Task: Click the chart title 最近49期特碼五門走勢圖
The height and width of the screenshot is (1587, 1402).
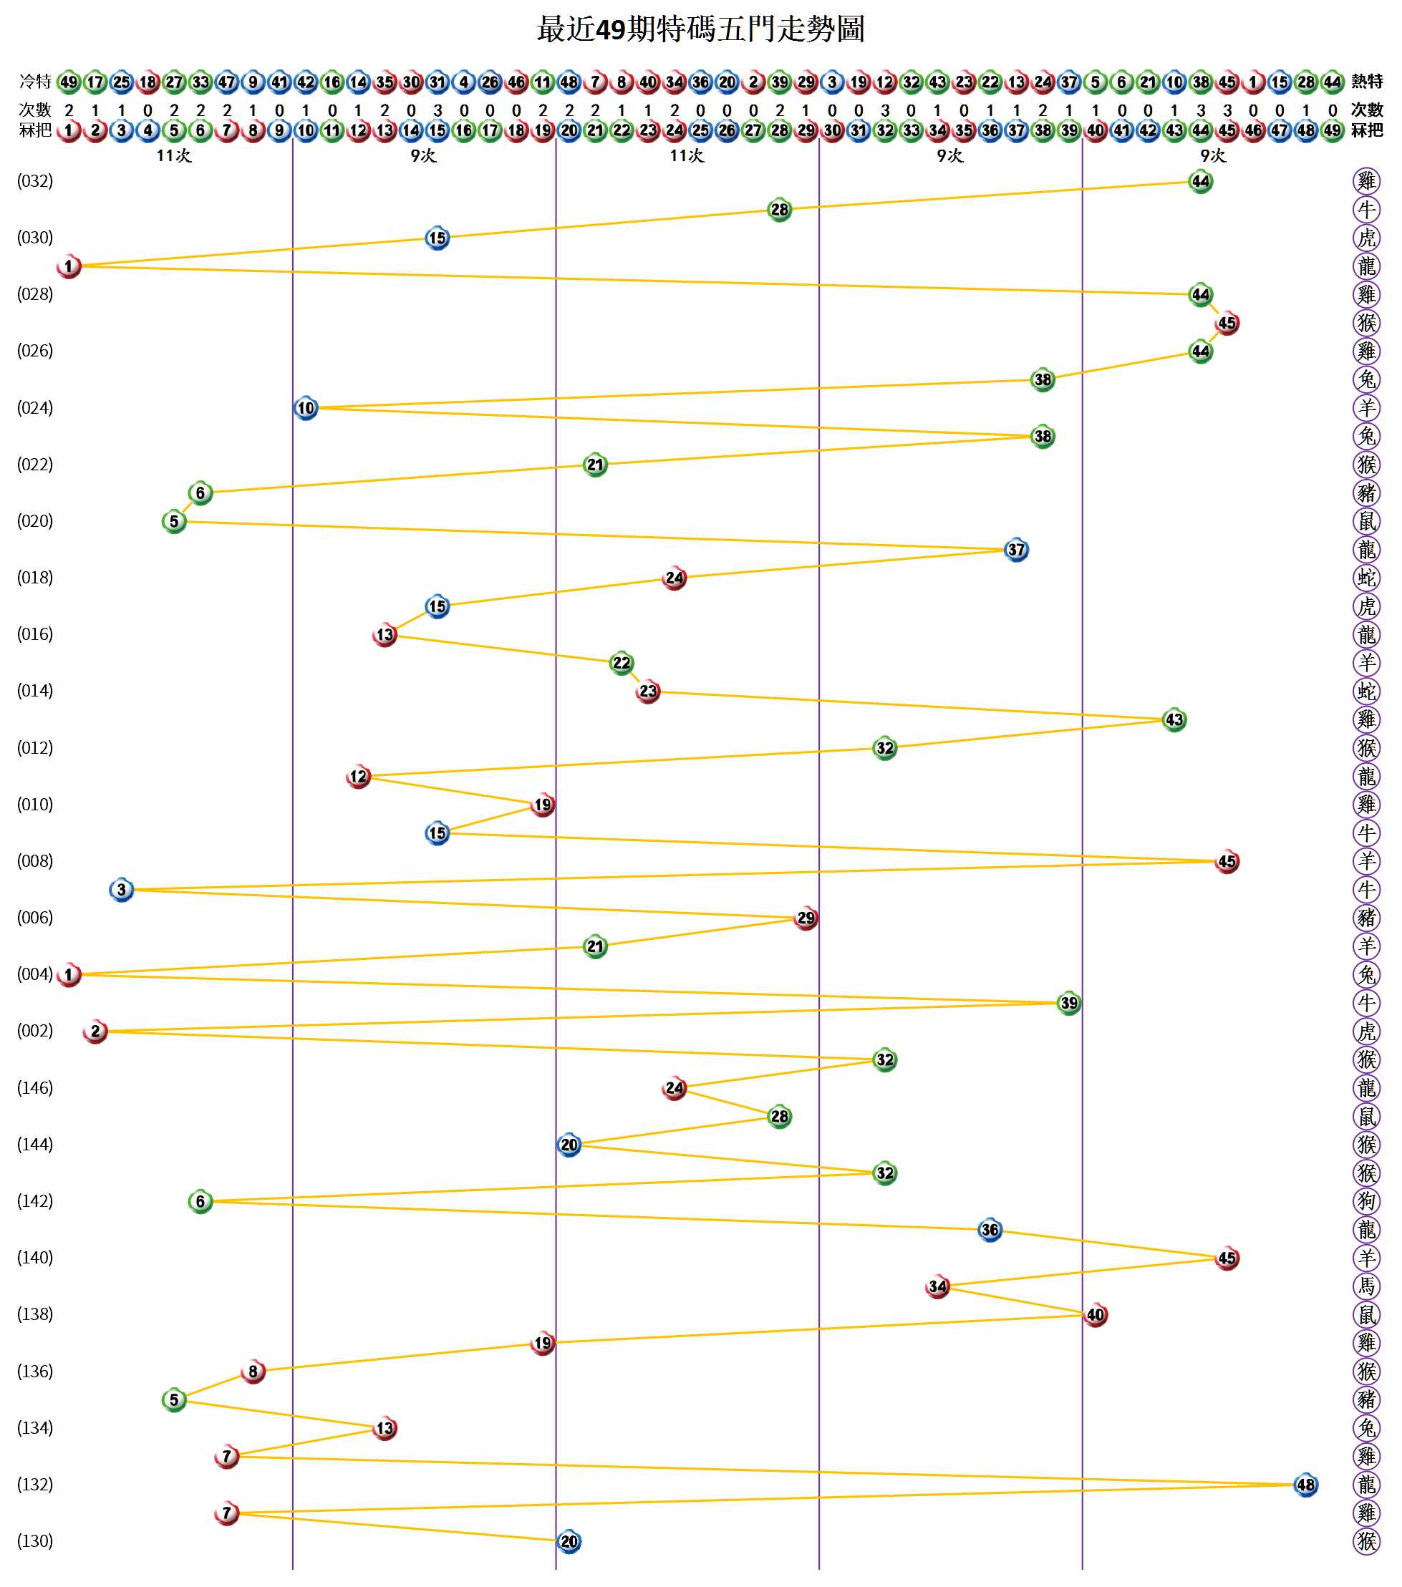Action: click(x=700, y=29)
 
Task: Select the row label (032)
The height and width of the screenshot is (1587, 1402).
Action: click(x=35, y=182)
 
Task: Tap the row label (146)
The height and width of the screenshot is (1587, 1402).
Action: click(x=35, y=1088)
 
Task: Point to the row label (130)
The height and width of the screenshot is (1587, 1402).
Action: click(x=35, y=1541)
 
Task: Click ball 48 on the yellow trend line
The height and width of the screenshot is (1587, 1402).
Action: click(x=1305, y=1485)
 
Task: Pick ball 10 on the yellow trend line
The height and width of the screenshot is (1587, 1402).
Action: click(x=306, y=407)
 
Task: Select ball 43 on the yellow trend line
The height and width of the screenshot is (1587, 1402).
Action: click(x=1174, y=719)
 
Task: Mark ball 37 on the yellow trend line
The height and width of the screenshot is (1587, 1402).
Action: click(x=1016, y=550)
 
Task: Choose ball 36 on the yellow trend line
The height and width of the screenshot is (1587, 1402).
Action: click(x=990, y=1230)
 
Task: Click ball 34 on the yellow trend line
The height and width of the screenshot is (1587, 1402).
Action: click(x=937, y=1286)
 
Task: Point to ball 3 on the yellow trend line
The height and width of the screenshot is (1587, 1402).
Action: click(x=121, y=890)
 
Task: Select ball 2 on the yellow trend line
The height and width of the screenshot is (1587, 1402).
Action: click(x=95, y=1031)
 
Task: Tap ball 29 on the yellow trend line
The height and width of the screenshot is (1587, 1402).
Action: click(x=806, y=918)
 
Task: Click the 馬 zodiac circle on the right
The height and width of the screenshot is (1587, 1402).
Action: click(x=1366, y=1286)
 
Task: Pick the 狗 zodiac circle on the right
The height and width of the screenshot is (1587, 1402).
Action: click(x=1366, y=1201)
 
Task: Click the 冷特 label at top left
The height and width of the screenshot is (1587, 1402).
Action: click(x=35, y=82)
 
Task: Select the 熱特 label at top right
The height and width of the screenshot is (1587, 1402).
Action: click(x=1367, y=82)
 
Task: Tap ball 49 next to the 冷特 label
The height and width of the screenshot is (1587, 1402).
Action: click(x=68, y=82)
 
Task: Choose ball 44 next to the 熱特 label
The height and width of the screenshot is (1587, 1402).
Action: click(x=1332, y=82)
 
